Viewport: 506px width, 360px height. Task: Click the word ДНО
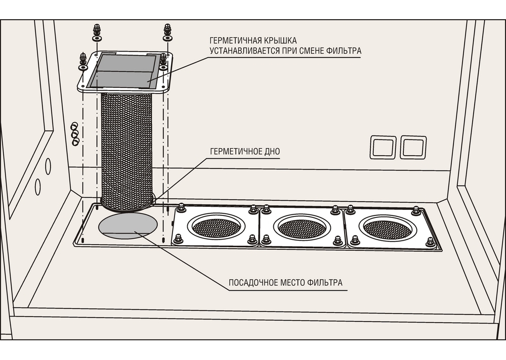272,151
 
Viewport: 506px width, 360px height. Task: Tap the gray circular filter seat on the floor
128,226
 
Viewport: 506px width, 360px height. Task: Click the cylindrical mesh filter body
127,150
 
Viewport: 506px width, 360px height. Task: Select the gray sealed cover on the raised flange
124,72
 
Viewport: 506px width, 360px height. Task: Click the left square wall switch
383,148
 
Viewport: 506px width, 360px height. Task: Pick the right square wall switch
413,148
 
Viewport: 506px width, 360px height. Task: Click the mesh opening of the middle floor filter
302,229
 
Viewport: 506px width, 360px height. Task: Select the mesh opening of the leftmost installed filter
216,228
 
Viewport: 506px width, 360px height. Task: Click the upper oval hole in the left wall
48,166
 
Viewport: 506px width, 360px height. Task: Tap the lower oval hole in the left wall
38,187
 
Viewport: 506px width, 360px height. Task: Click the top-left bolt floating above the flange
97,32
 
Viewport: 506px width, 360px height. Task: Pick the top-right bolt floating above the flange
167,32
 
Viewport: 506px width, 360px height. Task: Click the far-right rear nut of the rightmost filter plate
415,211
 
